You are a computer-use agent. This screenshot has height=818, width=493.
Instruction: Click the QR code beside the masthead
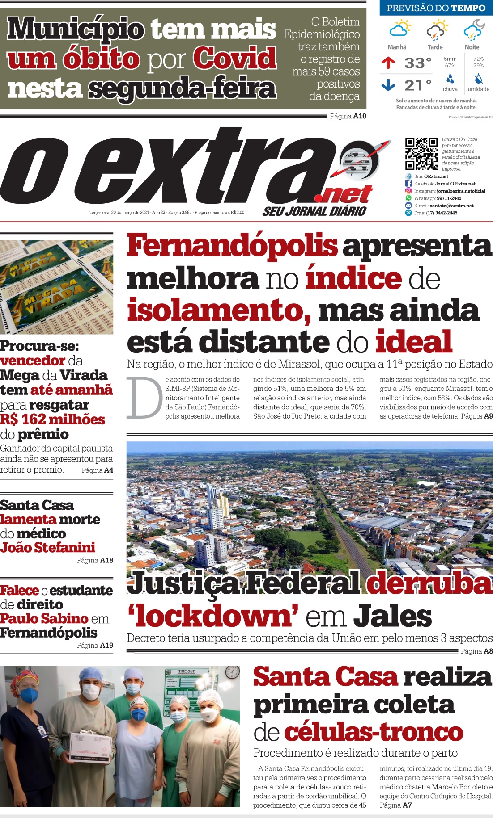421,154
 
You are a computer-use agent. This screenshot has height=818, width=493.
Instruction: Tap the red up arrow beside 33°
388,63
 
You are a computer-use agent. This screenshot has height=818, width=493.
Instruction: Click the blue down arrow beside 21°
388,84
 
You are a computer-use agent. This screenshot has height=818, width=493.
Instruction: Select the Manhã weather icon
399,29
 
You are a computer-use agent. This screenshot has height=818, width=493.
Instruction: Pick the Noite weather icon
473,29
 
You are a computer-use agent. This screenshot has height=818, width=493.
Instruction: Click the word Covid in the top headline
235,59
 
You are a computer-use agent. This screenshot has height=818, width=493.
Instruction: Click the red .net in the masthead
344,195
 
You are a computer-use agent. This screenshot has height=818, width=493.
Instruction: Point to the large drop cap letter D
144,398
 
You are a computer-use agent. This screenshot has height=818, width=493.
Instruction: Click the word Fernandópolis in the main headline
232,246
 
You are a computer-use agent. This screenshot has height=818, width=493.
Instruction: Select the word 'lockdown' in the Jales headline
213,617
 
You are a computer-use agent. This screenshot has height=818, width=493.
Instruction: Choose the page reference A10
359,116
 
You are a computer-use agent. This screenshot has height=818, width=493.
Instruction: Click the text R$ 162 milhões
52,419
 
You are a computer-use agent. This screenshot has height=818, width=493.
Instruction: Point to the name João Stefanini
48,547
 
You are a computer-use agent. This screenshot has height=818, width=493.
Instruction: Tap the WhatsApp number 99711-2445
449,198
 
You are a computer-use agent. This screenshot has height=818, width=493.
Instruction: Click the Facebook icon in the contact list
408,184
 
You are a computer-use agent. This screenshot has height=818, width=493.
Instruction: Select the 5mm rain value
450,59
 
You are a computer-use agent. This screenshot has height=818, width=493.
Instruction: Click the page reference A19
106,645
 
